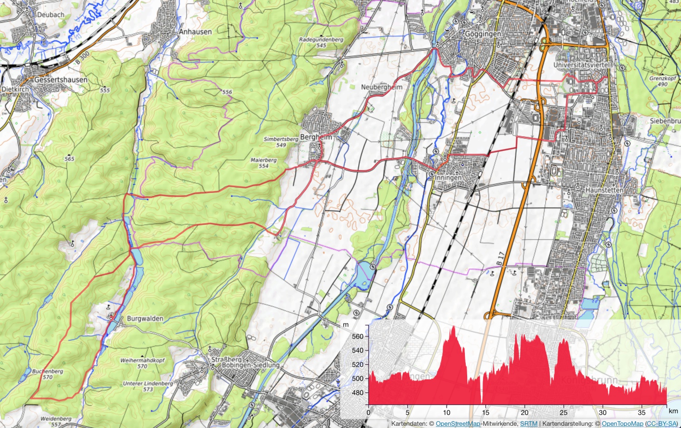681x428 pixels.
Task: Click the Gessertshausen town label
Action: pos(61,80)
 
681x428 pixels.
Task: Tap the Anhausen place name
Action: pos(195,32)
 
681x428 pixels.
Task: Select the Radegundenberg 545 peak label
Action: pos(321,42)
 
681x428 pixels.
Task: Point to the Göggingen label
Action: pos(483,34)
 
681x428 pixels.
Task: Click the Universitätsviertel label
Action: pos(582,65)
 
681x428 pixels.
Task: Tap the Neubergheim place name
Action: pos(381,87)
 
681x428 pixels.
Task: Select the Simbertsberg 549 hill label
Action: pos(281,142)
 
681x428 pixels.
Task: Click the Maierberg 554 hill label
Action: pos(263,163)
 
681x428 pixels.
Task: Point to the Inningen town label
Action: pos(448,178)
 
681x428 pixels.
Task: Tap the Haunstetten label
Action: pos(604,190)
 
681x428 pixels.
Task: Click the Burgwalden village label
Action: pos(145,319)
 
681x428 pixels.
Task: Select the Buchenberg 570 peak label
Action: pos(48,374)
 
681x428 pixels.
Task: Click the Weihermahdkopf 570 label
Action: pos(142,363)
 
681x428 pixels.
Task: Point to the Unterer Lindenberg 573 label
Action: pos(148,386)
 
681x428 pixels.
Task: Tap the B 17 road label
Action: pos(500,258)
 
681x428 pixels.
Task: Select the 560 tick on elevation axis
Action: pos(358,336)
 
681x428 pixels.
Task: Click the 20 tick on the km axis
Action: pos(524,413)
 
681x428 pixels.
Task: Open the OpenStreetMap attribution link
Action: pos(458,423)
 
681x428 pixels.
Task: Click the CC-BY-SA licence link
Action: pos(661,423)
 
